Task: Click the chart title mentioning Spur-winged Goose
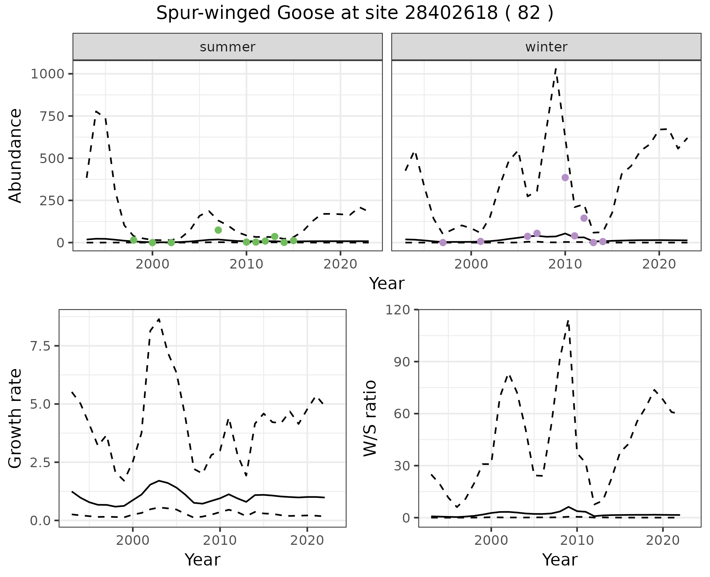[355, 13]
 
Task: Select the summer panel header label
[227, 47]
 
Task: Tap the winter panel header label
[546, 47]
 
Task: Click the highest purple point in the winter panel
[565, 178]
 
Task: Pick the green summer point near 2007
[218, 230]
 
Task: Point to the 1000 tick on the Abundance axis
[48, 74]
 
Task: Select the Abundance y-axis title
[16, 155]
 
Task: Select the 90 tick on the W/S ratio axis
[401, 362]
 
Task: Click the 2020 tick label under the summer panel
[340, 264]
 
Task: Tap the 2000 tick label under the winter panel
[471, 264]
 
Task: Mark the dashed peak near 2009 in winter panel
[556, 69]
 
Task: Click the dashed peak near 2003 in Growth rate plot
[159, 319]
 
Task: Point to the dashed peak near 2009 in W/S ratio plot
[568, 320]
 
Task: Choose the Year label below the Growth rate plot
[202, 560]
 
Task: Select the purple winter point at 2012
[584, 218]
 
